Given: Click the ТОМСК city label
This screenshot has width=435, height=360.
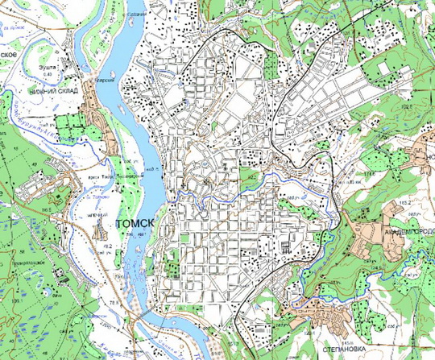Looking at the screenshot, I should [x=134, y=223].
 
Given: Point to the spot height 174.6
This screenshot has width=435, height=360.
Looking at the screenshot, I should [x=371, y=173].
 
